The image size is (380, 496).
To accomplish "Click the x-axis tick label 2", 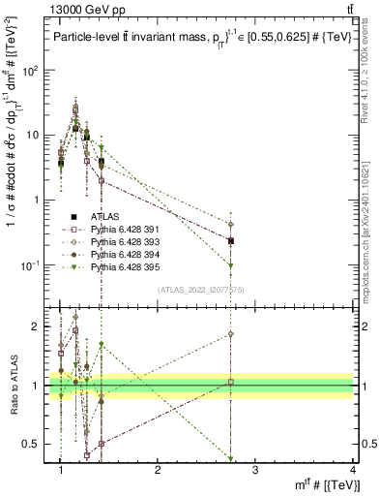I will click(x=158, y=471).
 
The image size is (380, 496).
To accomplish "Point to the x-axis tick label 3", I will click(x=254, y=471).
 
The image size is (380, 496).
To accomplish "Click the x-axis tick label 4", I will click(x=353, y=471).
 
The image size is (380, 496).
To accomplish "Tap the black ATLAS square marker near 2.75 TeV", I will click(x=231, y=240).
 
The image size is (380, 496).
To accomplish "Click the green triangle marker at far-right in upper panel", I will click(x=231, y=265).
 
